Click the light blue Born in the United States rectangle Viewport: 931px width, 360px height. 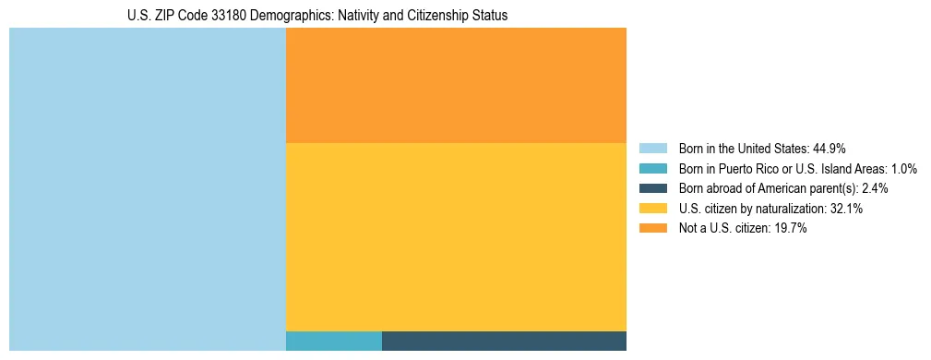pos(148,189)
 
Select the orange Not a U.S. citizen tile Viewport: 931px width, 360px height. pos(456,85)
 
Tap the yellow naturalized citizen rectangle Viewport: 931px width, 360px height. pos(456,236)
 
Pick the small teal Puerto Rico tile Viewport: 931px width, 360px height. pos(334,341)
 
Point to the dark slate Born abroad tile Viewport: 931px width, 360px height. pos(504,341)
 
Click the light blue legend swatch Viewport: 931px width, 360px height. pos(652,149)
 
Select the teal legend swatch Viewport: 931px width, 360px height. pos(652,169)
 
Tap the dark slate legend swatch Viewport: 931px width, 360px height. pos(652,188)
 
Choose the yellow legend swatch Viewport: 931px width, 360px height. pos(652,209)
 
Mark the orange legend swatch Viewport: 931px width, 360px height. pos(652,229)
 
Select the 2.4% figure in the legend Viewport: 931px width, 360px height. pos(875,188)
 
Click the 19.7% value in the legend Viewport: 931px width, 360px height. pos(791,229)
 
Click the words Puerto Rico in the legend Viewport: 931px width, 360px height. pos(753,169)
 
